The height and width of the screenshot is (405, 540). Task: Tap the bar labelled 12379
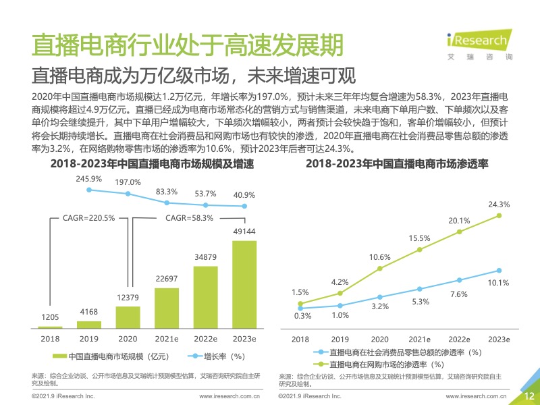click(x=128, y=317)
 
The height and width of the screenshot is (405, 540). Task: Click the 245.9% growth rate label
click(x=88, y=179)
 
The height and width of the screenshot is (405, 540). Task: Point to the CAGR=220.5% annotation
click(x=88, y=218)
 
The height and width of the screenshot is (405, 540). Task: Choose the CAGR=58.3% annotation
click(x=190, y=218)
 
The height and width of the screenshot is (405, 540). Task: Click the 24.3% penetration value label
click(x=500, y=204)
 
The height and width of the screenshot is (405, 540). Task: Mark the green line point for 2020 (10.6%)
click(x=380, y=268)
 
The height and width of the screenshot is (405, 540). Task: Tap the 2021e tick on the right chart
click(x=419, y=339)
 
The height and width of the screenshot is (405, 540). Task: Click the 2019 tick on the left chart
click(x=88, y=338)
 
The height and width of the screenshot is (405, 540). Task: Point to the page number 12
click(x=529, y=396)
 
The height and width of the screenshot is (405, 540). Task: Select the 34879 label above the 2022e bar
click(x=205, y=257)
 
